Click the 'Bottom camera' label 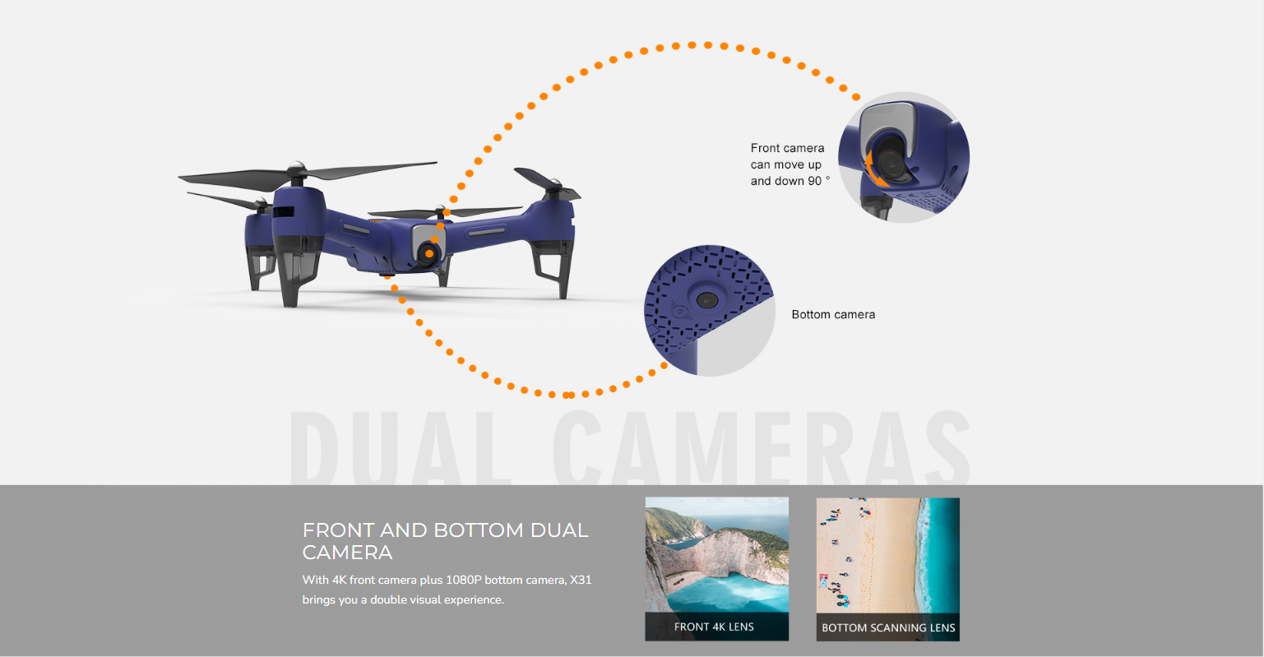click(833, 314)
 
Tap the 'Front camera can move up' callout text click(787, 156)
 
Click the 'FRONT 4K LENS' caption click(714, 627)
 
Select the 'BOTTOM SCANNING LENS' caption click(888, 627)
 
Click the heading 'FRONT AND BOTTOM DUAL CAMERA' click(445, 541)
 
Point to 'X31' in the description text click(581, 580)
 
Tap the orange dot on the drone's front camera click(429, 253)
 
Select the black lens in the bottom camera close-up click(707, 300)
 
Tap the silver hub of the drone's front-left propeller click(296, 169)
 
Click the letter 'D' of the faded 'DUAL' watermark click(314, 447)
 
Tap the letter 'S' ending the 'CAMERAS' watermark click(947, 447)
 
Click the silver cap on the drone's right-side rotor click(554, 184)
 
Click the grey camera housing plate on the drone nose click(427, 239)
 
